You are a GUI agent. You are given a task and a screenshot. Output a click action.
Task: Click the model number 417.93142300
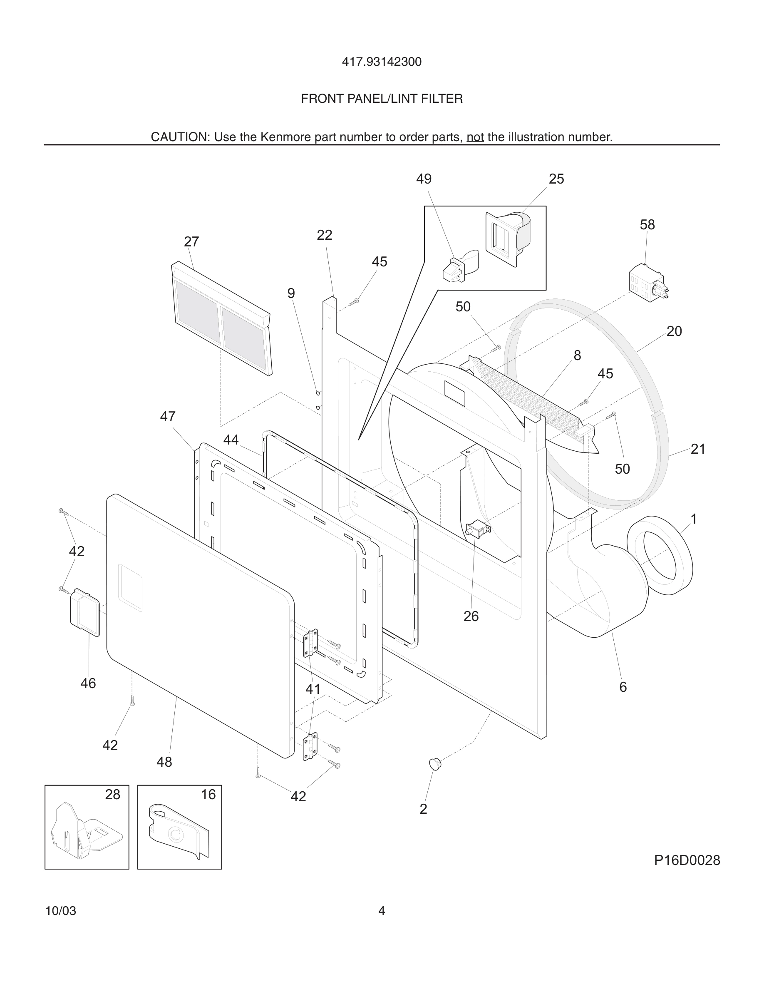382,62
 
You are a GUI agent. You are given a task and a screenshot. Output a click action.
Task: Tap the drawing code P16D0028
687,860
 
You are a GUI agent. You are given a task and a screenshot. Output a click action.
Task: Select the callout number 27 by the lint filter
191,242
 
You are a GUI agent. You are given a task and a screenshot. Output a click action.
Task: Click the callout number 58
647,225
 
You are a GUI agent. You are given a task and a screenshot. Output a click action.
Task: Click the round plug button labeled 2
434,764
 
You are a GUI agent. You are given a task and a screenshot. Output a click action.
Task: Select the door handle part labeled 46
84,612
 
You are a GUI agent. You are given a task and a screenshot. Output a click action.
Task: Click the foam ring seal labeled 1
660,556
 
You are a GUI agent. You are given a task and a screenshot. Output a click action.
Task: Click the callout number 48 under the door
164,762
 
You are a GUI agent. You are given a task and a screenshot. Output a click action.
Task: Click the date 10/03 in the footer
61,911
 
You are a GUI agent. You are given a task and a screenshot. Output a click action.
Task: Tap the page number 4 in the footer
382,911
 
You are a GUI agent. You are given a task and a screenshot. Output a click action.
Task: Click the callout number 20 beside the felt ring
674,331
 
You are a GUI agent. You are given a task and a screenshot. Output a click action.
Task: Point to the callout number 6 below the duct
623,687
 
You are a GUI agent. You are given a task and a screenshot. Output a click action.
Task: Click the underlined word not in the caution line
475,137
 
